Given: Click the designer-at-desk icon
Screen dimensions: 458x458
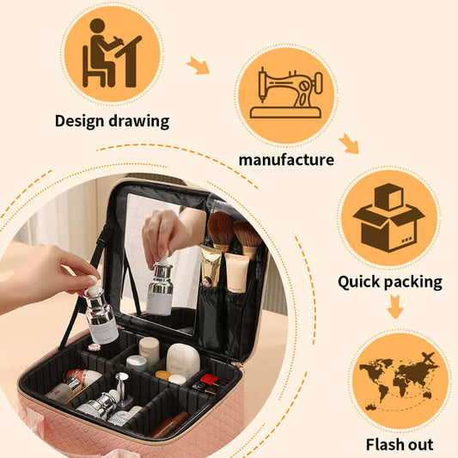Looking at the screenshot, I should [x=112, y=52].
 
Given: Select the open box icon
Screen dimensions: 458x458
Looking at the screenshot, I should [x=388, y=217].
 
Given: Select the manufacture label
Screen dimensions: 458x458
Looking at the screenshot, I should [x=286, y=160].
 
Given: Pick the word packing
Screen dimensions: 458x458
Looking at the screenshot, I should [x=416, y=282].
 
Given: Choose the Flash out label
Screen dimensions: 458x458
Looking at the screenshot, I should [x=400, y=444].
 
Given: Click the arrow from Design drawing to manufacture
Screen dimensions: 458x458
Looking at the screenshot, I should [x=198, y=65].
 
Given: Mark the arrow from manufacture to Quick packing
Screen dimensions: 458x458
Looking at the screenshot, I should [x=348, y=144].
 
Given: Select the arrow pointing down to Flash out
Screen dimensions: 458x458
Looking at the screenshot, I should [x=394, y=306].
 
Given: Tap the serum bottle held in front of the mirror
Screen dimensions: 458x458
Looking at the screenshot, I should [x=160, y=287].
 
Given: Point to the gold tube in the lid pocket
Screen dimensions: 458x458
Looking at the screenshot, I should [x=211, y=266].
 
